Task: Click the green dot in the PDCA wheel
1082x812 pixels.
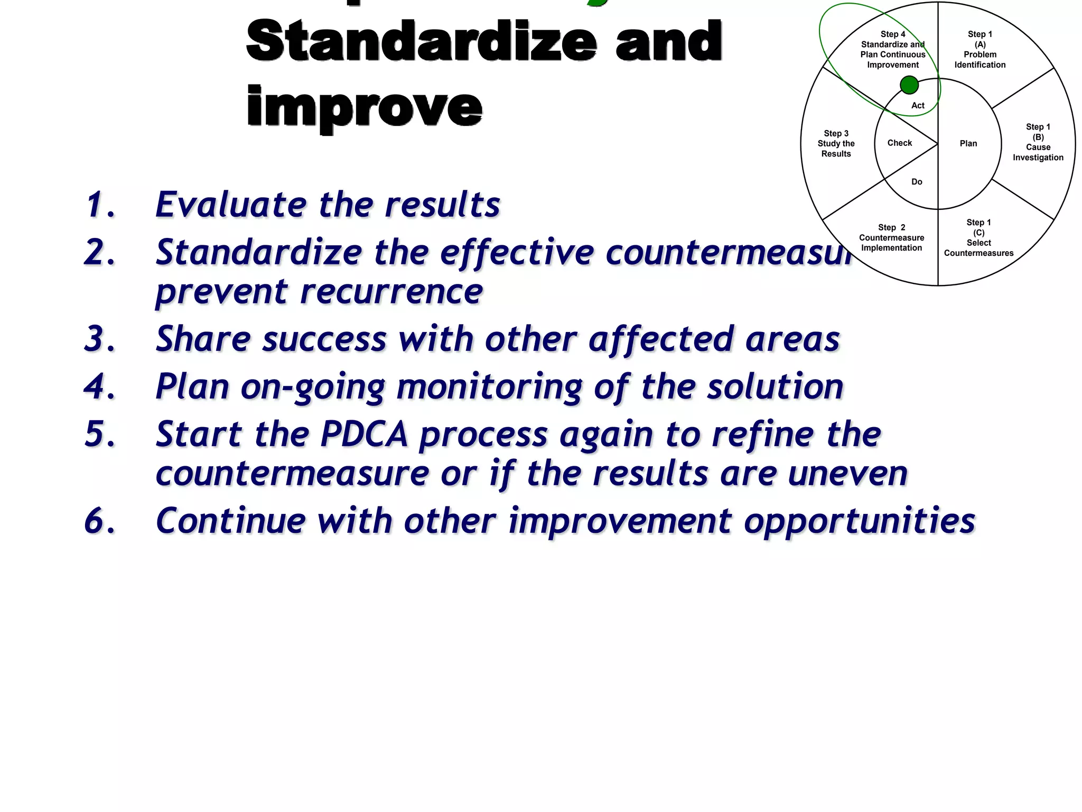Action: [909, 85]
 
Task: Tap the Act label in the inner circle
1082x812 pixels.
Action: [918, 106]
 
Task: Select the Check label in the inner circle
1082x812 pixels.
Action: [900, 143]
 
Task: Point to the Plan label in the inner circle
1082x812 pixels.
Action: [968, 144]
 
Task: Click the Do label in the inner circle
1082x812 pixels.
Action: [917, 182]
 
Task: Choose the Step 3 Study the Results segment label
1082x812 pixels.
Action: [836, 144]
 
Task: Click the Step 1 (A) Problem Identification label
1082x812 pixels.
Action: [980, 50]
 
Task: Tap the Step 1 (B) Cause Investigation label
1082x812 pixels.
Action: [1038, 142]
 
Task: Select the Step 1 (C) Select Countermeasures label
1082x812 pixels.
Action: [978, 238]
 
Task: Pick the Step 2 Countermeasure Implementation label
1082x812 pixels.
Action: [891, 238]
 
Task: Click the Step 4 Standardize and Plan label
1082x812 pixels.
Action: [892, 50]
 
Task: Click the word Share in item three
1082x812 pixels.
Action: [203, 339]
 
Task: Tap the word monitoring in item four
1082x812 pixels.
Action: [489, 387]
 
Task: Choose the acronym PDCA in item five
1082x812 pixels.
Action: [364, 435]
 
